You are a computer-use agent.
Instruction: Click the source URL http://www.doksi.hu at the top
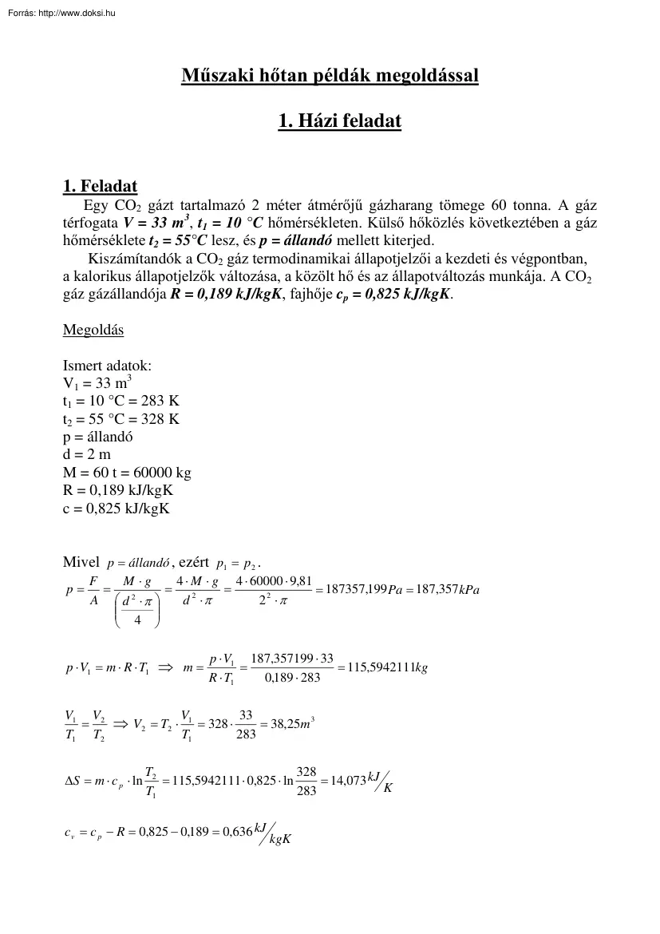[x=77, y=13]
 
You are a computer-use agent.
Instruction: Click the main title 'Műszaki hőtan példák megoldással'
[x=330, y=77]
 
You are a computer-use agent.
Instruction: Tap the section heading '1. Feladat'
[x=100, y=187]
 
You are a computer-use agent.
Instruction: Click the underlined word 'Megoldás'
[x=93, y=330]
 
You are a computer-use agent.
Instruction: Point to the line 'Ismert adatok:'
[x=107, y=366]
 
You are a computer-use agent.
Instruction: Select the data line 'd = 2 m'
[x=87, y=454]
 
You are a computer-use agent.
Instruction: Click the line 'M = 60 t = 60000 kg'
[x=126, y=472]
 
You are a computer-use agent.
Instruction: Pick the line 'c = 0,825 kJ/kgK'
[x=116, y=507]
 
